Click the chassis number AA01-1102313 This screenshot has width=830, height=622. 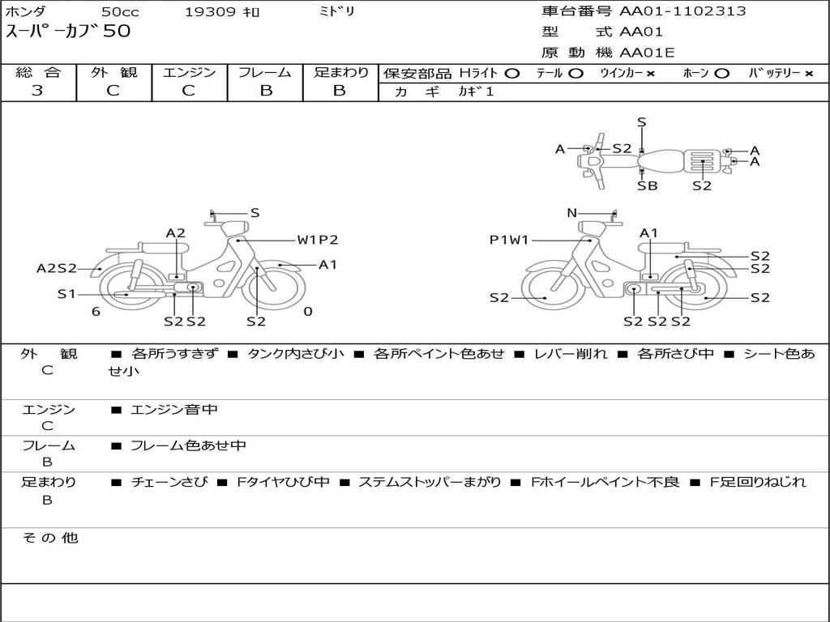coord(682,11)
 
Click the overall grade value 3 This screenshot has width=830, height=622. coord(37,91)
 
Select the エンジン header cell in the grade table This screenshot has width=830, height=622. coord(189,72)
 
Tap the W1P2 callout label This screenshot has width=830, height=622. coord(317,240)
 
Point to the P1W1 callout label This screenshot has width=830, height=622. coord(509,240)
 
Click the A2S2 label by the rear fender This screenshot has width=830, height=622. coord(57,268)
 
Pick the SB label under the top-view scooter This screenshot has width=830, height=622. coord(648,185)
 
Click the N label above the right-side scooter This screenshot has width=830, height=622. coord(571,213)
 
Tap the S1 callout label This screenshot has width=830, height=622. coord(66,293)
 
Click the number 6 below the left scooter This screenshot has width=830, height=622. coord(96,312)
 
